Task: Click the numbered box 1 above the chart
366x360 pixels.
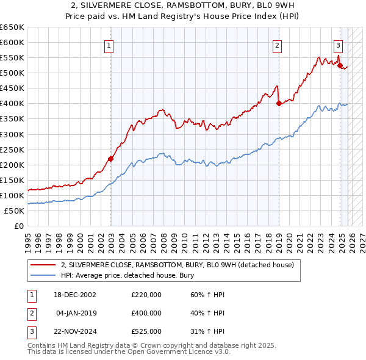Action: coord(109,45)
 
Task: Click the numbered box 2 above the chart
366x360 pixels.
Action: coord(277,45)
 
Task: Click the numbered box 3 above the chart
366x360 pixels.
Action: coord(337,45)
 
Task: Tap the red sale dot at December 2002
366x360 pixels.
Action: coord(110,159)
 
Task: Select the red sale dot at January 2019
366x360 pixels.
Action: coord(279,103)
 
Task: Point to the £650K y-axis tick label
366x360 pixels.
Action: coord(12,27)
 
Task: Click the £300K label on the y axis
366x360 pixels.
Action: coord(12,134)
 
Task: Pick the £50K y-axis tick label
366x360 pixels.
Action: coord(15,211)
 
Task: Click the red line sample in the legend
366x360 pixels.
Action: coord(43,265)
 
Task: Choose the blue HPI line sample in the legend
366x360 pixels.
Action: coord(43,275)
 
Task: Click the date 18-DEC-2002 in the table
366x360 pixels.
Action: coord(74,295)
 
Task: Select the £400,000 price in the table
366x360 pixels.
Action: coord(146,313)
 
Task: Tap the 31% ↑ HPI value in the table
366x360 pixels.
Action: coord(204,331)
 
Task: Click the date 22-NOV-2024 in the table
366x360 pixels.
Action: coord(74,331)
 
